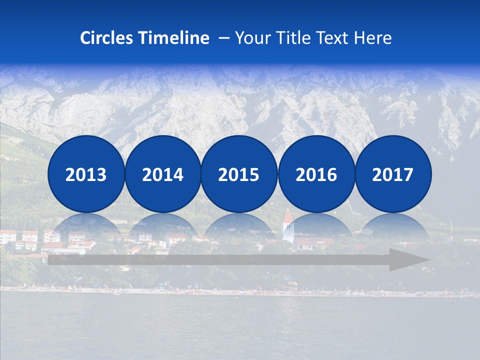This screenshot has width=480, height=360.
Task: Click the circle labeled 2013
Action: coord(86,174)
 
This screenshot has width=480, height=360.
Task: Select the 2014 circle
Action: coord(163,174)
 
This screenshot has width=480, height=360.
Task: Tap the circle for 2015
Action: coord(239,174)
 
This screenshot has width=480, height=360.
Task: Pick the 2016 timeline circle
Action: coord(316,174)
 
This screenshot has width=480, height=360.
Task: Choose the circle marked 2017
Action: coord(393,174)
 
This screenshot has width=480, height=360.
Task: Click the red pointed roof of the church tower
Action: coord(288,217)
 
